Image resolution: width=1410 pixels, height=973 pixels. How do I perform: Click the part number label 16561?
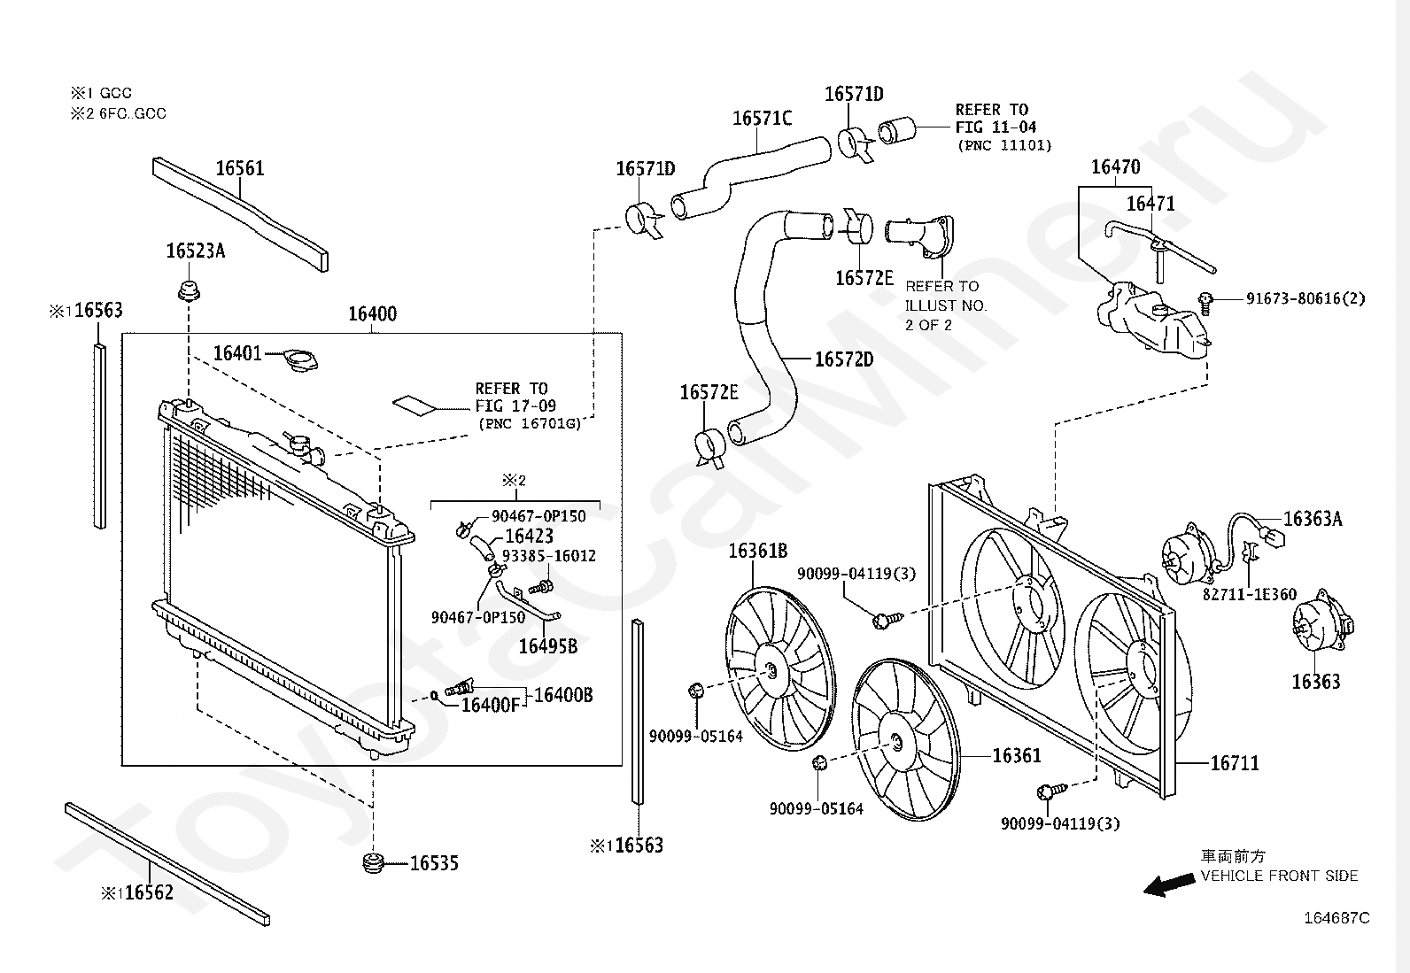click(240, 168)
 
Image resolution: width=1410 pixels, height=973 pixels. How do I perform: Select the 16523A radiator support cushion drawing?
click(189, 291)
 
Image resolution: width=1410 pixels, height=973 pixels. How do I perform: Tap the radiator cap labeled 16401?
click(300, 361)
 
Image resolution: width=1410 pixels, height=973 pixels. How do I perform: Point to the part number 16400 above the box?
click(373, 313)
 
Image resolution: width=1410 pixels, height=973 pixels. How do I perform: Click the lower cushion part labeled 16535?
click(375, 863)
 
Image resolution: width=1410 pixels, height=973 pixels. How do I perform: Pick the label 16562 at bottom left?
click(149, 892)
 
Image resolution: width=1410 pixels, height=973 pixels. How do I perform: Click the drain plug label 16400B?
click(563, 695)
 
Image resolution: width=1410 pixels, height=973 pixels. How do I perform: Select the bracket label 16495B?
click(547, 646)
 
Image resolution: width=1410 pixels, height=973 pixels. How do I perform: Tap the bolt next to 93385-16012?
click(541, 588)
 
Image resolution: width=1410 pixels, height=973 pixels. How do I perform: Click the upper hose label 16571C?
click(762, 119)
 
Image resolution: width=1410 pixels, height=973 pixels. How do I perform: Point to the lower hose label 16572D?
click(844, 359)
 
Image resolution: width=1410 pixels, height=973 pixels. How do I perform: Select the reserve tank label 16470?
click(1115, 166)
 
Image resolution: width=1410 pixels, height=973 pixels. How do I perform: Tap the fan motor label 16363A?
click(1313, 519)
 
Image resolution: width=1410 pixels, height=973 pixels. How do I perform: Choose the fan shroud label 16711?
click(1235, 763)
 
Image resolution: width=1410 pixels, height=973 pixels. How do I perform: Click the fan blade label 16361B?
click(758, 552)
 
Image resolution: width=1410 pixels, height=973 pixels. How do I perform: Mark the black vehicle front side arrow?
click(1168, 884)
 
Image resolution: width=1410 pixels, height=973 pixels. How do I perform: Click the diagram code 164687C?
click(1336, 917)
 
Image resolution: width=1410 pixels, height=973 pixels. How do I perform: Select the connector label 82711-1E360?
click(1250, 594)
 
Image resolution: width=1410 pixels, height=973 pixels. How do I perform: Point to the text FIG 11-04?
click(996, 127)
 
